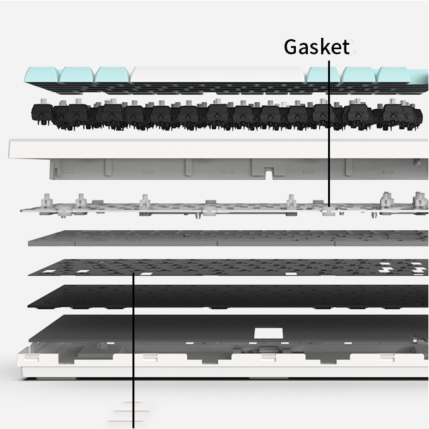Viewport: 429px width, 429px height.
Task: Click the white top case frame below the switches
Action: coord(189,150)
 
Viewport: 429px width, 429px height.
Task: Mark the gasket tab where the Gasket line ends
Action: coord(328,213)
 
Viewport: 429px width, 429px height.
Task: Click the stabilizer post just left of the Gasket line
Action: coord(291,203)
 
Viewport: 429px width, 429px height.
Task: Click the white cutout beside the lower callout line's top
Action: coord(146,274)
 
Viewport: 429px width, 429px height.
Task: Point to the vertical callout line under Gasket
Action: coord(329,126)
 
